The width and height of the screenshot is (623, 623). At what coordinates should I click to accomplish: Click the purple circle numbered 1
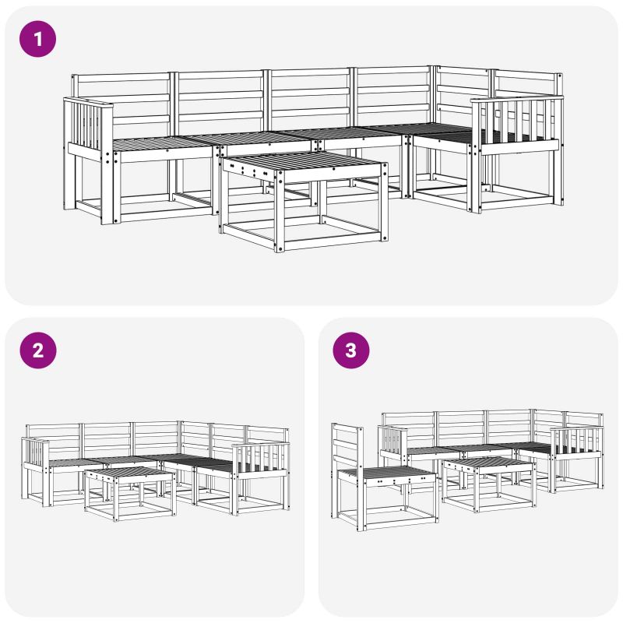coord(37,39)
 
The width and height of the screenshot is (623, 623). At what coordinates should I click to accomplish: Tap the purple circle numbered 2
coord(38,350)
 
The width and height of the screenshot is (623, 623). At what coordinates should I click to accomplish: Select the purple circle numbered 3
coord(351,350)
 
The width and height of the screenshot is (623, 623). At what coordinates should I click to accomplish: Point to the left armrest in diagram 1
coord(88,127)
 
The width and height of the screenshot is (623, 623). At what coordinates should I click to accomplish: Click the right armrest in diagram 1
coord(516,123)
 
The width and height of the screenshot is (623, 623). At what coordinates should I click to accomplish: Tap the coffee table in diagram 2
coord(130,494)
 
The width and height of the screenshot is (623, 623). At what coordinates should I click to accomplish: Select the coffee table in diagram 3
coord(489,484)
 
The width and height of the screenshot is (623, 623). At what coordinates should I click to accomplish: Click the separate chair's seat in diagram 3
coord(387,474)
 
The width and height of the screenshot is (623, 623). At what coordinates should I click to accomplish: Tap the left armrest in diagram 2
coord(36,453)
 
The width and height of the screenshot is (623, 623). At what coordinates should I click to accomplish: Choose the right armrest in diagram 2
coord(260,459)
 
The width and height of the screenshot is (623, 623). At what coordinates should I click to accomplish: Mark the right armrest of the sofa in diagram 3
coord(576,441)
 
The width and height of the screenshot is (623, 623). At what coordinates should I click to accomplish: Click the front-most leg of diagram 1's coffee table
coord(280,211)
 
